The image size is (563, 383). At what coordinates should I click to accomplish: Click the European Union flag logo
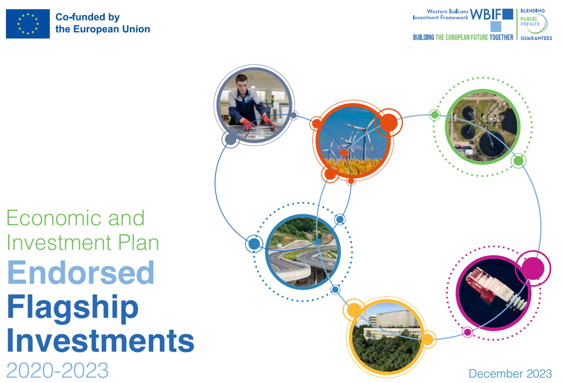pos(27,24)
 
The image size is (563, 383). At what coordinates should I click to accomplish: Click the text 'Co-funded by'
pos(88,17)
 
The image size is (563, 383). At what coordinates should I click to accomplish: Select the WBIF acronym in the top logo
pos(486,14)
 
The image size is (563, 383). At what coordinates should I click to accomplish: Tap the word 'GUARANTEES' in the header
pos(536,38)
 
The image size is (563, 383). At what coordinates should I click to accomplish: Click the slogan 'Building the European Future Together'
pos(463,37)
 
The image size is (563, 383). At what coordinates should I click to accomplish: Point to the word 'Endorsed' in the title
pos(81,273)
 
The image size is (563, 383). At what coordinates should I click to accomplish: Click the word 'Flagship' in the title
pos(73,307)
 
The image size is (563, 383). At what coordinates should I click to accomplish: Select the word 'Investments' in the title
pos(100,341)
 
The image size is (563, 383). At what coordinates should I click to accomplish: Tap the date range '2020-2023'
pos(57,371)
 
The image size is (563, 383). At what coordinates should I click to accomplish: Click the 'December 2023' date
pos(510,374)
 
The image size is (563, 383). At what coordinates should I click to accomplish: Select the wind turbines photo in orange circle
pos(353,142)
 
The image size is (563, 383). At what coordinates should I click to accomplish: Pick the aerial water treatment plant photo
pos(482,126)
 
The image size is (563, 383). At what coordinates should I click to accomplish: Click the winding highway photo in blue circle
pos(303,253)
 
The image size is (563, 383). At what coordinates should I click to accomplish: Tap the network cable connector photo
pos(493,293)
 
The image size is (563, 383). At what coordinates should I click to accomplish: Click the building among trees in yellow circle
pos(385,336)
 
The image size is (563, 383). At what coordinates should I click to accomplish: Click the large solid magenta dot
pos(533,268)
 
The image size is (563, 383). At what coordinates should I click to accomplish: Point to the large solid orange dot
pos(388,123)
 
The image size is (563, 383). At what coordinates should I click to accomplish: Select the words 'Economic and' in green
pos(75,218)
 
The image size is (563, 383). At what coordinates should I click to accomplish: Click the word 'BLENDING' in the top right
pos(536,10)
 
